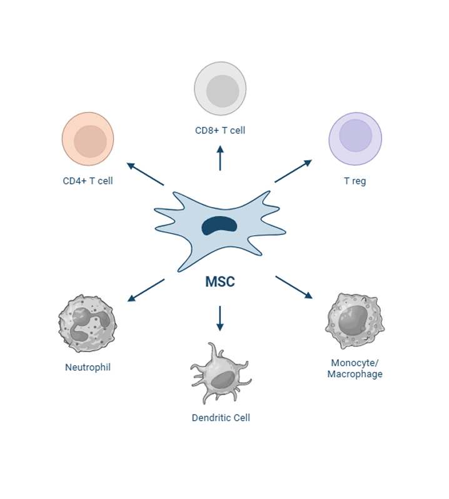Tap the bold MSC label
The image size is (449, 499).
point(220,281)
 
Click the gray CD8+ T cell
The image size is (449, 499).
point(220,88)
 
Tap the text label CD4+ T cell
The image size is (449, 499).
point(88,181)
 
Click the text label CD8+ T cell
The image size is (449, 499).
point(220,131)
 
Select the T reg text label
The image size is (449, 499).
point(355,181)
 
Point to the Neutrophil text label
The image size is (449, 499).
point(88,367)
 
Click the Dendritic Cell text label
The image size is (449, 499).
point(221,417)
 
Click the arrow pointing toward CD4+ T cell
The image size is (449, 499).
point(145,174)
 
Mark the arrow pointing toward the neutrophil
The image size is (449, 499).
point(145,290)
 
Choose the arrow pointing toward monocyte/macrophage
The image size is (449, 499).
point(294,287)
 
